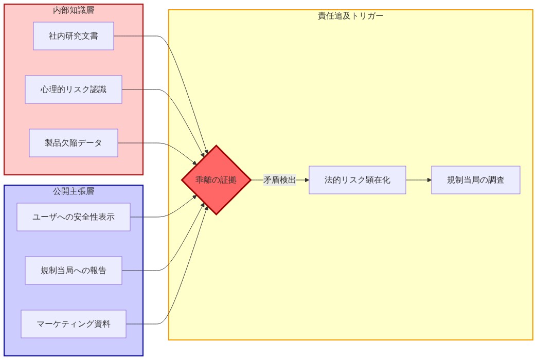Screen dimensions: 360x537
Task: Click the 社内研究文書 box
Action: (74, 36)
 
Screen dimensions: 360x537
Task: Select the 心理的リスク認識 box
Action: (74, 89)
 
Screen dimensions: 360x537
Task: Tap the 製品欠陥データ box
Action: (74, 143)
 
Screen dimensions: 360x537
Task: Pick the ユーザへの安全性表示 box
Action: (74, 217)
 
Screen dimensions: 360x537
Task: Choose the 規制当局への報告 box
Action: (74, 271)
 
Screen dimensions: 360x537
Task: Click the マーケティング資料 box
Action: (74, 324)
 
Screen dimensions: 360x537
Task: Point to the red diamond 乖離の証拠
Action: (216, 180)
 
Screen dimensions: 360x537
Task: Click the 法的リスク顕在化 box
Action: (357, 180)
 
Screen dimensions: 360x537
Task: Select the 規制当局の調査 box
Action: (476, 180)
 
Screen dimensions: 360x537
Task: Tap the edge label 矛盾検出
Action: (280, 180)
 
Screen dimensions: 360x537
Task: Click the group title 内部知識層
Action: (74, 10)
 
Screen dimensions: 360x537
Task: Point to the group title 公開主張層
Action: (74, 191)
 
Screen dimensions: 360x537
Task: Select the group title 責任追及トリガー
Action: (351, 15)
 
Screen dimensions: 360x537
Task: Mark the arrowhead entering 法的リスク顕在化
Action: (307, 180)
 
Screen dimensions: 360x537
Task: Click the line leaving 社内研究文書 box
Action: (139, 36)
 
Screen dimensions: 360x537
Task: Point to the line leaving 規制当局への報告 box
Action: (144, 271)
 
